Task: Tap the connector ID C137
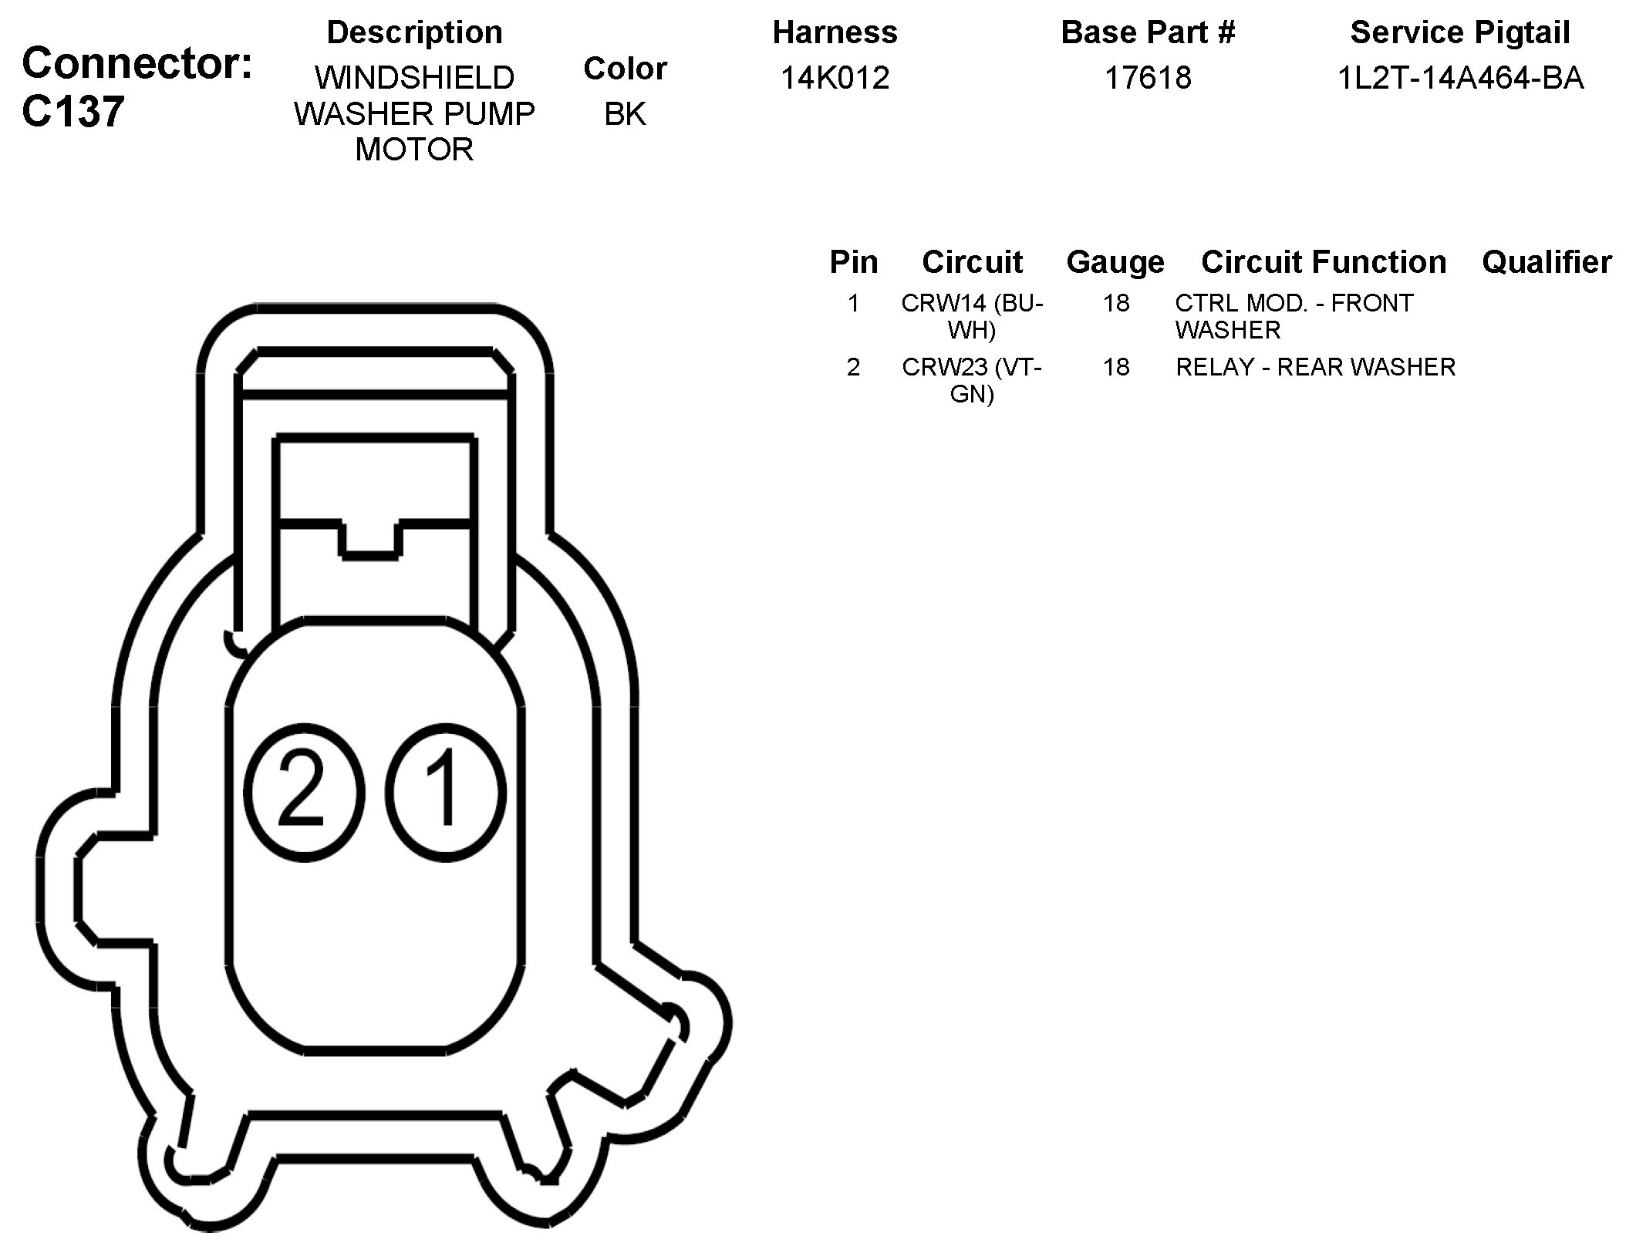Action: click(x=73, y=112)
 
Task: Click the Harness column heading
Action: click(x=835, y=32)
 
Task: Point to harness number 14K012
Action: click(x=835, y=78)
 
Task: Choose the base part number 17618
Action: click(x=1148, y=78)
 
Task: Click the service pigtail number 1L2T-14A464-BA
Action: click(x=1460, y=78)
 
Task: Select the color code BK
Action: click(x=625, y=114)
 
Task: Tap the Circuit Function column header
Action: click(x=1324, y=262)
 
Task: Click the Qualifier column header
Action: click(x=1547, y=262)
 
